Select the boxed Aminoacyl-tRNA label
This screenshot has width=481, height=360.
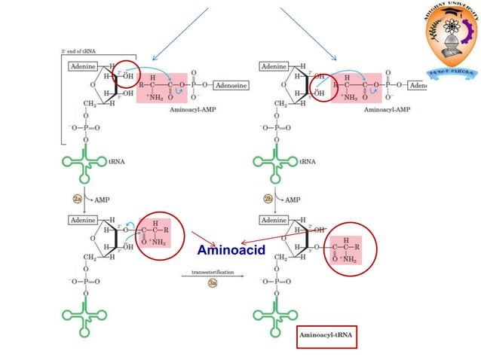326,334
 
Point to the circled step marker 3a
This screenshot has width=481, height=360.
213,283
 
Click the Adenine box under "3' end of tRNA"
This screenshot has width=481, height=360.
82,66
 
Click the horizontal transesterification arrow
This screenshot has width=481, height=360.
213,276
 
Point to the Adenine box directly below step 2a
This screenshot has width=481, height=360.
82,220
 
